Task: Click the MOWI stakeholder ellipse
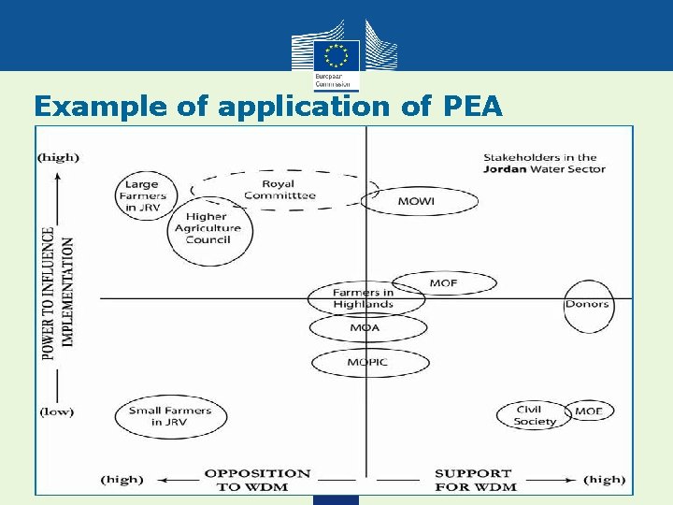(420, 201)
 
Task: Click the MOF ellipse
(443, 282)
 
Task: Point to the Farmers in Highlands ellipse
(365, 299)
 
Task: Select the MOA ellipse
(367, 328)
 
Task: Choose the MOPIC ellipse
(367, 362)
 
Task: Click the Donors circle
(587, 305)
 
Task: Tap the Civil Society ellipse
(536, 415)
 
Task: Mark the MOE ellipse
(589, 411)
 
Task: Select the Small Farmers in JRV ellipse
(170, 416)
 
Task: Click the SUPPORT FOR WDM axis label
(475, 480)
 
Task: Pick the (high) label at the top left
(58, 157)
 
